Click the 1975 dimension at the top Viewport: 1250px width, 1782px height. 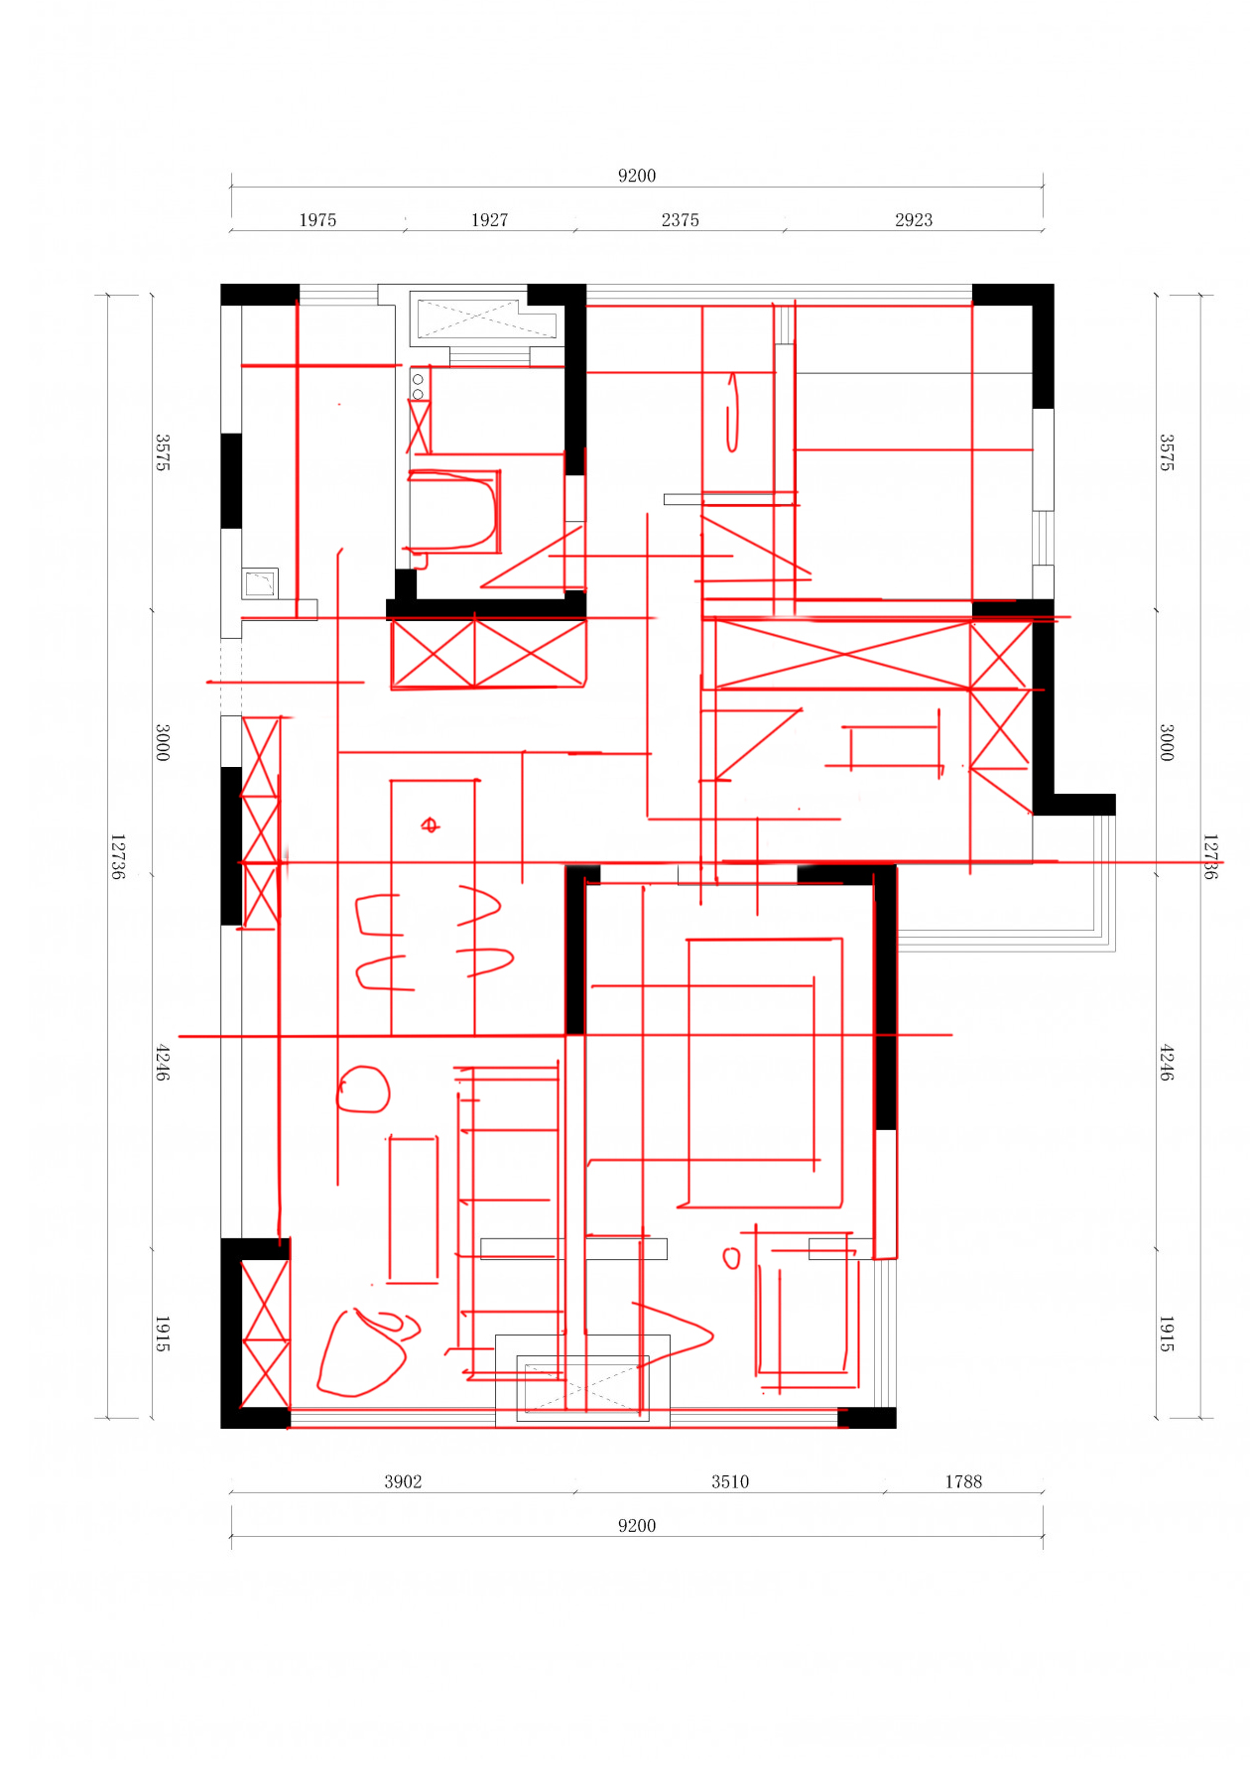pyautogui.click(x=317, y=220)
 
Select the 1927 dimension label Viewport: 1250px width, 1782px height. pyautogui.click(x=489, y=220)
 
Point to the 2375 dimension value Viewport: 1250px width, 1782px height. pyautogui.click(x=680, y=220)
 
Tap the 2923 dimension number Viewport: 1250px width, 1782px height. pyautogui.click(x=914, y=220)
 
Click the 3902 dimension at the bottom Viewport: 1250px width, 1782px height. pyautogui.click(x=403, y=1481)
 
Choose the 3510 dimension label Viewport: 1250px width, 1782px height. pyautogui.click(x=729, y=1481)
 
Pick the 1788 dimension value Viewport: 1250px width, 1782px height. pyautogui.click(x=962, y=1481)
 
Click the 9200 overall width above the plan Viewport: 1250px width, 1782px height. pyautogui.click(x=637, y=176)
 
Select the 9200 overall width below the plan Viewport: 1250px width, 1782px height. pyautogui.click(x=637, y=1526)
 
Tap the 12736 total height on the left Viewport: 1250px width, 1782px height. pyautogui.click(x=118, y=856)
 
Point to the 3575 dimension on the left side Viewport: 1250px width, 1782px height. pyautogui.click(x=163, y=452)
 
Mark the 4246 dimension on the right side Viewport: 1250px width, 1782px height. pyautogui.click(x=1168, y=1062)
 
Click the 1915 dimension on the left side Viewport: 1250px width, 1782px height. pyautogui.click(x=163, y=1334)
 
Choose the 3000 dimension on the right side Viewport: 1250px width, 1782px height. pyautogui.click(x=1168, y=742)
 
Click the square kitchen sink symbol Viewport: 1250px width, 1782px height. pyautogui.click(x=260, y=583)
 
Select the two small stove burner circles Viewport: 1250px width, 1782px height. pyautogui.click(x=419, y=387)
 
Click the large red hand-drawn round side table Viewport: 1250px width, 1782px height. pyautogui.click(x=363, y=1089)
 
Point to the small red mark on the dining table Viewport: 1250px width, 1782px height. pyautogui.click(x=430, y=825)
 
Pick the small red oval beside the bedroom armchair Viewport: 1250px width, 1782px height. pyautogui.click(x=732, y=1258)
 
